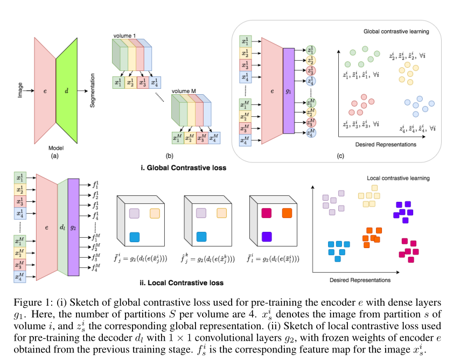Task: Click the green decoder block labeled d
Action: [x=67, y=91]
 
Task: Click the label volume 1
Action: [x=125, y=36]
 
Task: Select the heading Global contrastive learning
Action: [x=396, y=32]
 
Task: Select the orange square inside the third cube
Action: [x=287, y=214]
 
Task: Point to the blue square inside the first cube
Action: [x=135, y=236]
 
